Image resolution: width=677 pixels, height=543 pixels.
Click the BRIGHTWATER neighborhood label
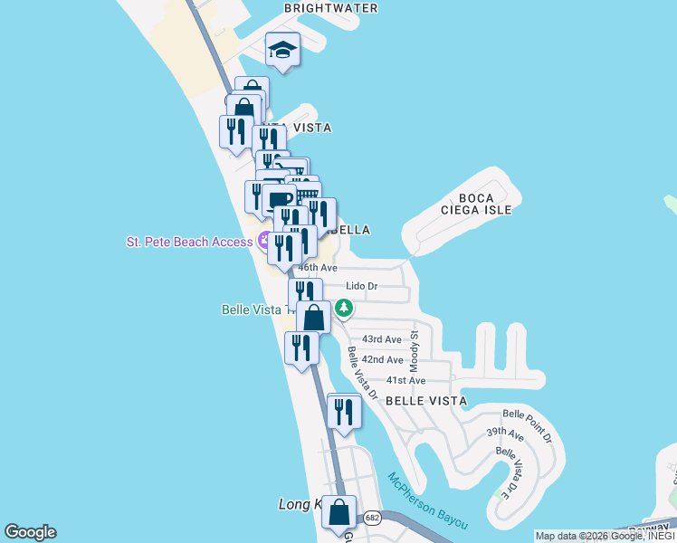click(x=330, y=7)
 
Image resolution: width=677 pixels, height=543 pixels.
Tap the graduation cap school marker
click(x=282, y=51)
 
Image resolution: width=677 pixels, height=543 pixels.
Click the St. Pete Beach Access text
click(x=190, y=242)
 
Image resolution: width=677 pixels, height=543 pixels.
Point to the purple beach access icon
click(x=265, y=241)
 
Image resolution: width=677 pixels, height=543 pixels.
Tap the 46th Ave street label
click(x=318, y=268)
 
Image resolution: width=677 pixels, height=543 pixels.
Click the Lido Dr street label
click(x=361, y=287)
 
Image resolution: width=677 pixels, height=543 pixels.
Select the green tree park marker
click(x=344, y=309)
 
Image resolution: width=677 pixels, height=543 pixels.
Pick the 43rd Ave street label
click(x=381, y=339)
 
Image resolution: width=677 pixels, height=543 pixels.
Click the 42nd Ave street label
click(x=383, y=359)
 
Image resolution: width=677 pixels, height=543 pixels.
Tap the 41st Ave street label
click(x=405, y=381)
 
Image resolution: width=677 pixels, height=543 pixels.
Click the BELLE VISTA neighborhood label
click(x=426, y=400)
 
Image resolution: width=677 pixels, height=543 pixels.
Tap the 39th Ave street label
click(x=505, y=434)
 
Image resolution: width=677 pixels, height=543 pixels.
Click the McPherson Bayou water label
click(x=427, y=500)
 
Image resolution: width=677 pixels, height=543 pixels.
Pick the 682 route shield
click(x=372, y=519)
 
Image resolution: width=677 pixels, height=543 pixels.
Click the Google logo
click(x=30, y=532)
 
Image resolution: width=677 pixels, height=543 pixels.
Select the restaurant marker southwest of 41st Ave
click(x=344, y=412)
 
